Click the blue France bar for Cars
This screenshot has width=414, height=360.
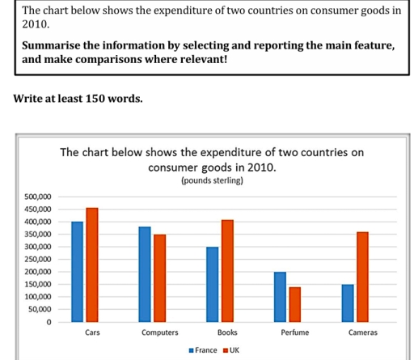(78, 271)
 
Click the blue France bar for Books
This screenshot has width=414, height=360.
(212, 284)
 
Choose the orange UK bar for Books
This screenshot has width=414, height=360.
(226, 270)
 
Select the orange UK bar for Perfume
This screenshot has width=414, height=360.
(294, 304)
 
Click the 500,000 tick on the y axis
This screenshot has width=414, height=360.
(36, 197)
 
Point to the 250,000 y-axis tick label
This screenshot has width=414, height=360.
(36, 259)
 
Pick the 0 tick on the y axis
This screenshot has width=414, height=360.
(48, 322)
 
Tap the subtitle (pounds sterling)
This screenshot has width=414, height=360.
(213, 181)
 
